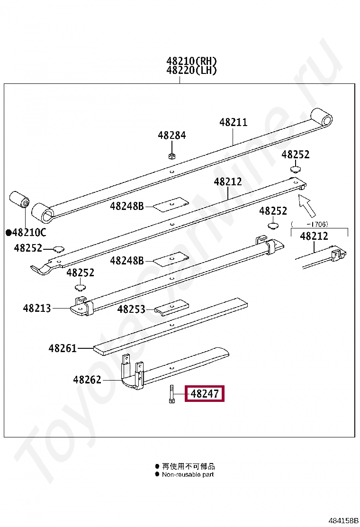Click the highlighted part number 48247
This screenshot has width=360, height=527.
(205, 393)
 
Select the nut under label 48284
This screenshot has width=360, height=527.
(171, 156)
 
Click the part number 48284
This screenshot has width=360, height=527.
(171, 135)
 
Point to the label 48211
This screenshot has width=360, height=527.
(234, 122)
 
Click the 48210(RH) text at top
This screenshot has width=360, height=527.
(192, 61)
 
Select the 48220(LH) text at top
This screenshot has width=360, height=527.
(192, 70)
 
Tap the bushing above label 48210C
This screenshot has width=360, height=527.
(19, 200)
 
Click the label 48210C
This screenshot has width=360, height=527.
(26, 232)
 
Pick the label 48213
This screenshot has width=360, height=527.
(37, 308)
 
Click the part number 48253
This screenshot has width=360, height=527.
(131, 309)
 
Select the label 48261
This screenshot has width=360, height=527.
(63, 348)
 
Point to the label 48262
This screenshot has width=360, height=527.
(87, 380)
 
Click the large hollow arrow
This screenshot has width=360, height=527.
(307, 206)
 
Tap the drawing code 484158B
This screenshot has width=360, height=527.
(343, 521)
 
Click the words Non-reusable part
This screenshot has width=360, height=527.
(188, 474)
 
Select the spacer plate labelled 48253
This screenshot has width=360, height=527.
(171, 307)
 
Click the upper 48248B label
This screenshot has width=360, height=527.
(127, 206)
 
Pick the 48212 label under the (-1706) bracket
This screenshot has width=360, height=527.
(314, 236)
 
